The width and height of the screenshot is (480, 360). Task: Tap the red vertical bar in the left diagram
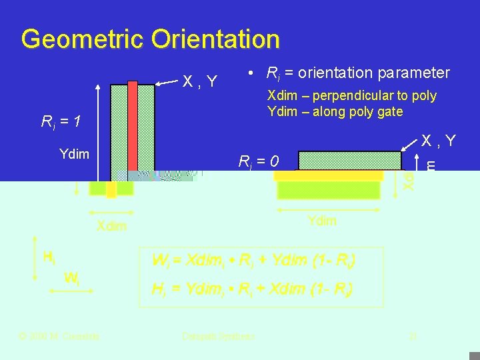click(133, 127)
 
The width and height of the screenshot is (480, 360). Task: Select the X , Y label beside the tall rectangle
click(200, 81)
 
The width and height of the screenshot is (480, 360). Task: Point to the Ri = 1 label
click(61, 121)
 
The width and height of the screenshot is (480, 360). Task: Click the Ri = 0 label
click(259, 161)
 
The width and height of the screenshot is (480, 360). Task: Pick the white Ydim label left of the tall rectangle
click(74, 154)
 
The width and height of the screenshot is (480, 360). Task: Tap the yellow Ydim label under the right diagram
click(322, 221)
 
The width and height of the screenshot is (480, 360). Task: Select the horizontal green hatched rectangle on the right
click(350, 161)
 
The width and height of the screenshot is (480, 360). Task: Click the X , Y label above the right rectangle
click(438, 141)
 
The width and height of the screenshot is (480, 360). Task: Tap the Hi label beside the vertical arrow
click(49, 255)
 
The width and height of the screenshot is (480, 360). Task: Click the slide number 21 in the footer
click(413, 337)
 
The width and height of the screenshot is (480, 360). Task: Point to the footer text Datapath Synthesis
click(218, 337)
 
